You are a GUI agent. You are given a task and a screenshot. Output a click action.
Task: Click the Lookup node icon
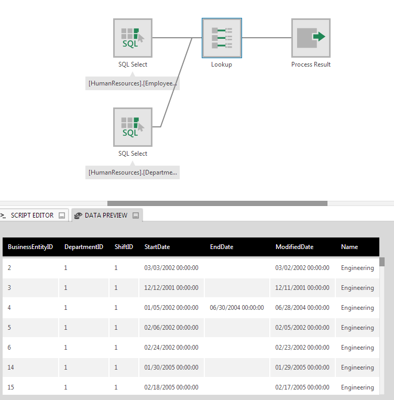[x=222, y=38]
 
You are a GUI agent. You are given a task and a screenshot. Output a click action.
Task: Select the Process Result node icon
[x=311, y=38]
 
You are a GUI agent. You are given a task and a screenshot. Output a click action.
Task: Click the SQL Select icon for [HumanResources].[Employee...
[x=133, y=38]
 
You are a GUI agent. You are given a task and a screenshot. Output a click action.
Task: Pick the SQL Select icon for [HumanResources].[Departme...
[x=133, y=127]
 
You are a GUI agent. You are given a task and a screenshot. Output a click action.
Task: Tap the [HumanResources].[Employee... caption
[x=133, y=83]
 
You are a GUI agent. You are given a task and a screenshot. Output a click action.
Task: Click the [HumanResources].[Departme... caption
[x=133, y=172]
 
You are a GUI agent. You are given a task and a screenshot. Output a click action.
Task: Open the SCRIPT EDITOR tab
[x=32, y=215]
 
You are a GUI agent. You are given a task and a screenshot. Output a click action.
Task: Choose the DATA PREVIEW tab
[x=105, y=215]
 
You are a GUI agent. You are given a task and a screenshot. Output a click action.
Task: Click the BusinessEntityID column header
[x=30, y=247]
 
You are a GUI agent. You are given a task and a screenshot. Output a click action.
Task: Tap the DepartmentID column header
[x=84, y=247]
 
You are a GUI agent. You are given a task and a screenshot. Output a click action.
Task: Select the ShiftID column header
[x=124, y=247]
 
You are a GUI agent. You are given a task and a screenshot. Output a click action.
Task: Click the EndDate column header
[x=222, y=247]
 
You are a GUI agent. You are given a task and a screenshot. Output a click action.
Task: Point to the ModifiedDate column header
[x=294, y=247]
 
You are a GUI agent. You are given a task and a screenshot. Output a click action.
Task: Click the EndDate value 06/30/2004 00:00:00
[x=237, y=308]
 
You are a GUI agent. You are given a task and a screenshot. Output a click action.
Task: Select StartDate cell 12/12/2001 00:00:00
[x=171, y=288]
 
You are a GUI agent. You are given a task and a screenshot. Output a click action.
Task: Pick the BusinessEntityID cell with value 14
[x=11, y=367]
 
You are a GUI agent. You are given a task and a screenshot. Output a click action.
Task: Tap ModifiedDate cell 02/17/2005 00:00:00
[x=302, y=387]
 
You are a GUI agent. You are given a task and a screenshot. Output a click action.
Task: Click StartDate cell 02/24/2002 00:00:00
[x=171, y=348]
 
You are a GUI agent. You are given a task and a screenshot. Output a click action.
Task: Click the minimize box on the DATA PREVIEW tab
[x=136, y=215]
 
